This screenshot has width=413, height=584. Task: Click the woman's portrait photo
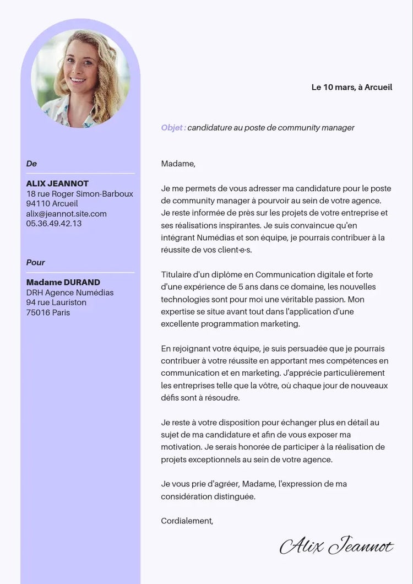[80, 78]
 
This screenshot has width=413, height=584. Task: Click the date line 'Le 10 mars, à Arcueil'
[352, 87]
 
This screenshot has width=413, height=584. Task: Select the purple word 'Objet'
[173, 128]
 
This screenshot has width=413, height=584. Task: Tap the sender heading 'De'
[31, 164]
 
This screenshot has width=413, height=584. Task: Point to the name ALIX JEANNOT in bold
[57, 183]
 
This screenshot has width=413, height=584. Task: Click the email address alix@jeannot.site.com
[67, 214]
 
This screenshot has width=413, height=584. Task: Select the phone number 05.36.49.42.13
[54, 224]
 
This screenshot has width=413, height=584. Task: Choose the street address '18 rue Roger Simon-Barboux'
[80, 194]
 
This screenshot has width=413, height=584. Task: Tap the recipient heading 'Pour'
[36, 262]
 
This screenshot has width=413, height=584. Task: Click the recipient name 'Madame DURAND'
[63, 283]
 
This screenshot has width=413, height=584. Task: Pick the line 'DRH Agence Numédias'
[70, 293]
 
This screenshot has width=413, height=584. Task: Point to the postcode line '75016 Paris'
[48, 312]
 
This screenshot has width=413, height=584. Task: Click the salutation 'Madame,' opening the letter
[178, 164]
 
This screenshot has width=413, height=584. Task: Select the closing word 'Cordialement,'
[187, 521]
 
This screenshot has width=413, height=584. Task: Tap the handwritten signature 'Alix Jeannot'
[336, 546]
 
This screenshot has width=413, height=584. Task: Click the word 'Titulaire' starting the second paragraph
[178, 275]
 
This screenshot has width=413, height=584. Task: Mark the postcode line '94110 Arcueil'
[52, 204]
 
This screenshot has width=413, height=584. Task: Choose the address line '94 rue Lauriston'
[56, 302]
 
